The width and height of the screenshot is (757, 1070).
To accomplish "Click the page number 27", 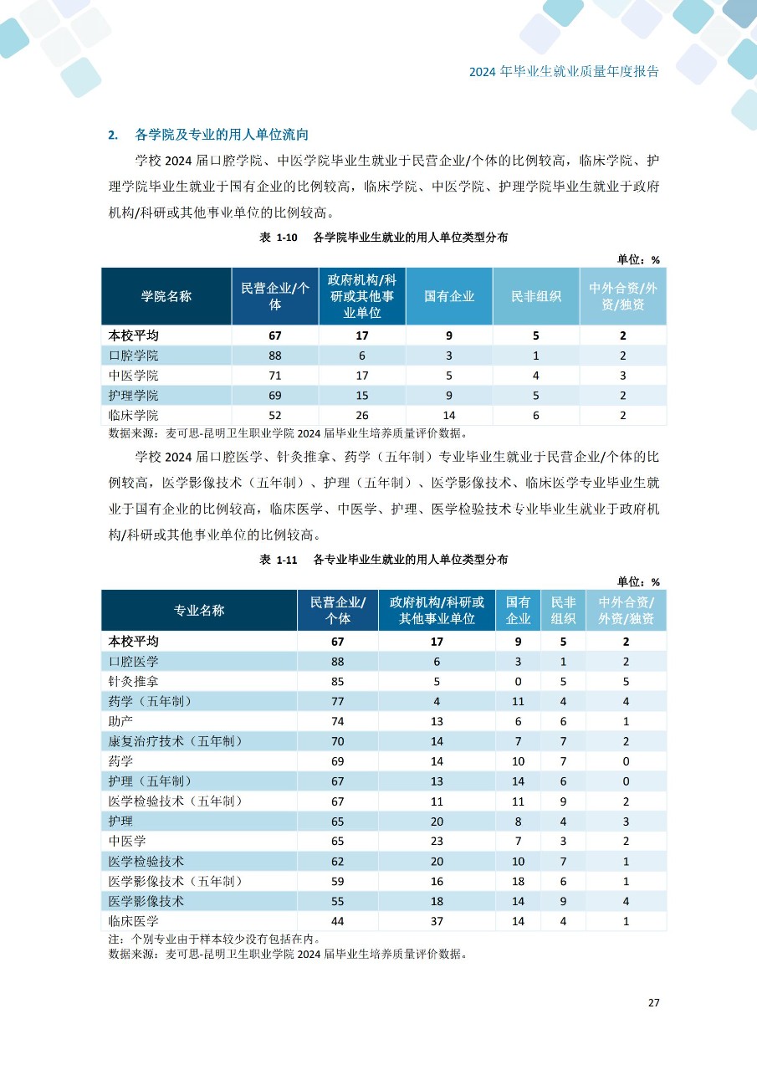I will click(x=653, y=1002).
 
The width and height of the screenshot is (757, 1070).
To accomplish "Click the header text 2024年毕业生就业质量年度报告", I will click(x=564, y=71).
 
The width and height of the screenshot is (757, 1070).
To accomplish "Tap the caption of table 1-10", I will click(x=384, y=238).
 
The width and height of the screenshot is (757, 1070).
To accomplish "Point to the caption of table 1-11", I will click(x=384, y=559).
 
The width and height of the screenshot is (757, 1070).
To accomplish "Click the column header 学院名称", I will click(x=166, y=296).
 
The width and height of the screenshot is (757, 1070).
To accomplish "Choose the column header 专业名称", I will click(x=199, y=610).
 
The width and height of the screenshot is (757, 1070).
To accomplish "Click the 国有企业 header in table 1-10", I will click(x=449, y=296).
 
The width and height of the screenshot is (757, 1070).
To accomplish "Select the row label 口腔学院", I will click(x=134, y=356).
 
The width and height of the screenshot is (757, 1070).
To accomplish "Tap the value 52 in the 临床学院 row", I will click(x=275, y=416).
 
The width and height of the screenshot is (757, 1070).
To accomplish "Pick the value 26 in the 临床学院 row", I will click(x=362, y=416).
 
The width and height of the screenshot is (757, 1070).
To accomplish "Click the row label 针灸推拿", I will click(x=134, y=681).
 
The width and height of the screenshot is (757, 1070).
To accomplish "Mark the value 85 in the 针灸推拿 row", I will click(x=337, y=681).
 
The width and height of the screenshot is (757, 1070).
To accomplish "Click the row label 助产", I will click(x=121, y=721).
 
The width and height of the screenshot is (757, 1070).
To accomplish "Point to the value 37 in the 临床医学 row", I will click(x=437, y=921).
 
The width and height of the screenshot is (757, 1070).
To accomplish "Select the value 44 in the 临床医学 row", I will click(x=337, y=921).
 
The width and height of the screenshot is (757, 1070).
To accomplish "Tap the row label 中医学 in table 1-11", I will click(x=128, y=841).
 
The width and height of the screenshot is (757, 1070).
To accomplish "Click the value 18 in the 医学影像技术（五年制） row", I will click(x=519, y=881).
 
